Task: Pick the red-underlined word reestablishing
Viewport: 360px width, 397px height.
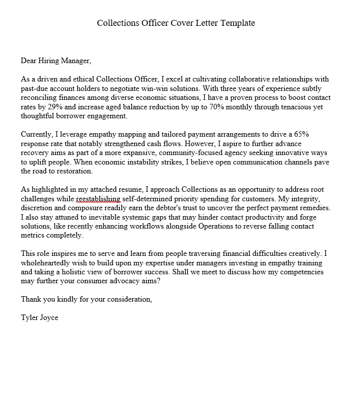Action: pyautogui.click(x=98, y=198)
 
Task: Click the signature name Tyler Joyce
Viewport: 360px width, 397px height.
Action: pyautogui.click(x=39, y=318)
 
